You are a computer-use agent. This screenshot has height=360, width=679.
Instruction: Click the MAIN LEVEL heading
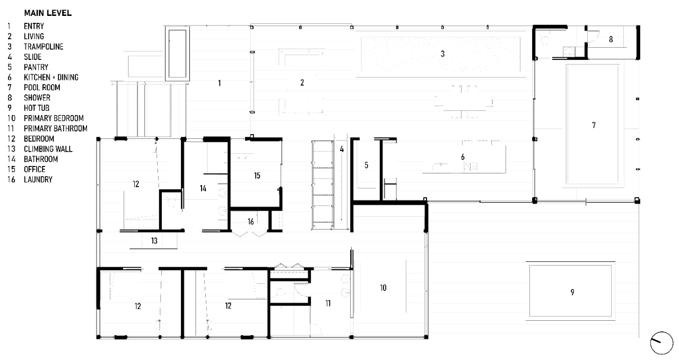(x=48, y=13)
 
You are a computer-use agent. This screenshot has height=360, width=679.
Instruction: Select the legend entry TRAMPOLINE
(x=43, y=47)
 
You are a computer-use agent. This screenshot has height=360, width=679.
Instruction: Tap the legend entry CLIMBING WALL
(x=48, y=149)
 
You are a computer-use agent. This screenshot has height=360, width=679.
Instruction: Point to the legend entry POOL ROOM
(x=42, y=87)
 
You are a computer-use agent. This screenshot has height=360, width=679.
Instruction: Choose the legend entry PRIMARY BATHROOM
(x=56, y=128)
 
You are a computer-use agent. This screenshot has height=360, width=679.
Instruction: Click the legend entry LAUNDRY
(x=38, y=180)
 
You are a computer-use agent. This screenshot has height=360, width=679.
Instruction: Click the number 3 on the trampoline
(x=442, y=54)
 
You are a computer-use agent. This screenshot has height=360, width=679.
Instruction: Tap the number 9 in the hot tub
(x=572, y=292)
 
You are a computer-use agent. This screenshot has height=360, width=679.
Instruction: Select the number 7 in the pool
(x=594, y=125)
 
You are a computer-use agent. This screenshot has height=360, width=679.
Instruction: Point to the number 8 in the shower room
(x=611, y=39)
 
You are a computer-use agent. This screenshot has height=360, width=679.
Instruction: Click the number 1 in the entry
(x=220, y=83)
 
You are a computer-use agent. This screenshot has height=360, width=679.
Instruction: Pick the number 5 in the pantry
(x=366, y=165)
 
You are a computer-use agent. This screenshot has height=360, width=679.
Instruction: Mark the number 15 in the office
(x=257, y=175)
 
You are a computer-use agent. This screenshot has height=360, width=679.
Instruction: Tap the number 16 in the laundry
(x=250, y=222)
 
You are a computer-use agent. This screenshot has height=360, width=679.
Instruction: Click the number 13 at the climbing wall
(x=154, y=241)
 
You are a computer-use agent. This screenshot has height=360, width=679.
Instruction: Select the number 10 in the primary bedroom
(x=383, y=288)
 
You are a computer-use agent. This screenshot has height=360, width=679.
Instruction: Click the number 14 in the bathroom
(x=203, y=189)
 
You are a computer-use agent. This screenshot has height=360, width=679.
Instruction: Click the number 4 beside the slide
(x=342, y=149)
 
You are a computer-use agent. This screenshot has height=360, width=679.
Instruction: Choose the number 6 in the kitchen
(x=463, y=157)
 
